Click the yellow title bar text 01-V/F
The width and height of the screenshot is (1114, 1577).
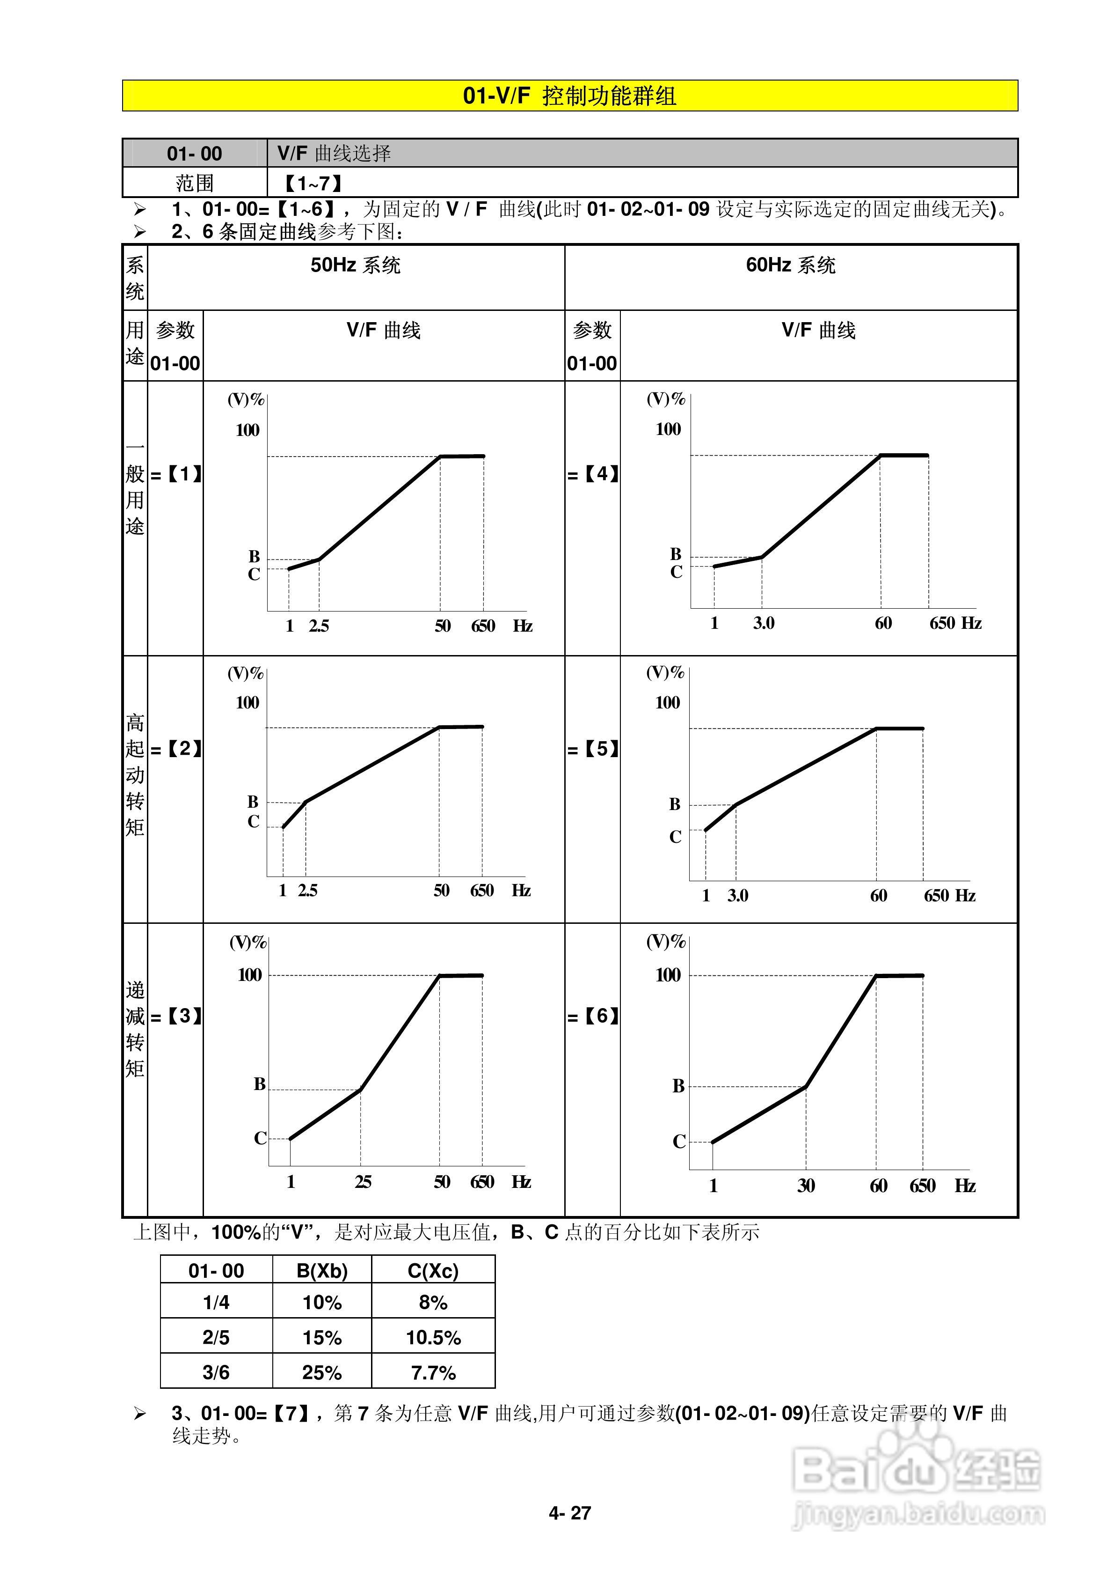click(496, 96)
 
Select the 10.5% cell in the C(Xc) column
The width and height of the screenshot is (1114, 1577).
click(433, 1337)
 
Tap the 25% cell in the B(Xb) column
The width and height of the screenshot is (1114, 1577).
click(322, 1372)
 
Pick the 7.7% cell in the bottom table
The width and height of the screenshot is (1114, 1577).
click(433, 1372)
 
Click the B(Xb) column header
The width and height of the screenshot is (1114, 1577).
click(322, 1271)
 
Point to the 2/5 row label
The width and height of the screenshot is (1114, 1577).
click(216, 1337)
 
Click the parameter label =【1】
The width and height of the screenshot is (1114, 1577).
click(176, 474)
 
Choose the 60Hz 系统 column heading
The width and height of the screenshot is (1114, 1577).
click(791, 265)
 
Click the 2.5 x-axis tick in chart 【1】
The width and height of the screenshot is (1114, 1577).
click(319, 626)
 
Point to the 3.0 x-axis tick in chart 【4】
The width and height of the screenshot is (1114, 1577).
click(763, 623)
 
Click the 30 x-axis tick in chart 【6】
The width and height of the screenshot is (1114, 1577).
click(806, 1186)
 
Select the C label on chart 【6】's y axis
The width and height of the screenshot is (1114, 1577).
click(679, 1142)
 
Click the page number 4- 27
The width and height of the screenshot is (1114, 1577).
click(570, 1513)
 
